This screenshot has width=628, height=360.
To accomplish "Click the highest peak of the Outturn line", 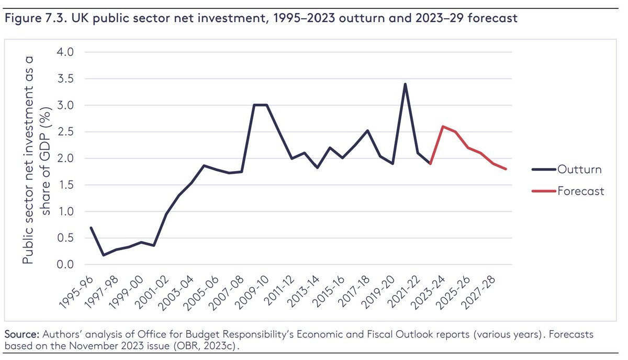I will [x=405, y=84].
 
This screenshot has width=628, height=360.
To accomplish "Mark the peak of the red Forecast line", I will [x=443, y=127].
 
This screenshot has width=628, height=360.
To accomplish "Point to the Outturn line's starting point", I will [x=91, y=228].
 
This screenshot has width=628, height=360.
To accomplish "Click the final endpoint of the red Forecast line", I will [x=506, y=169].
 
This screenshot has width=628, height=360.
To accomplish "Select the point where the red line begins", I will [x=430, y=164].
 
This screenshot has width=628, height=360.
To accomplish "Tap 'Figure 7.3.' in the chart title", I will [x=31, y=19].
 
